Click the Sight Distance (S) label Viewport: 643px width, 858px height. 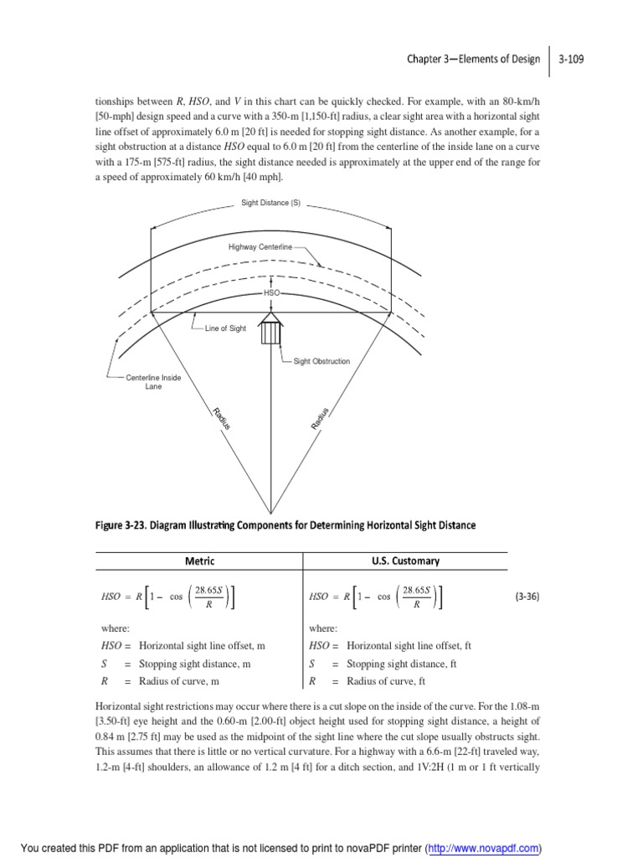pyautogui.click(x=270, y=203)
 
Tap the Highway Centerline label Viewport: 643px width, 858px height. pyautogui.click(x=260, y=247)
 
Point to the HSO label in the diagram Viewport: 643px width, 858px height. pyautogui.click(x=271, y=294)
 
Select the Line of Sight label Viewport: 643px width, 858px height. pyautogui.click(x=225, y=328)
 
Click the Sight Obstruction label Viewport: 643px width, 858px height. pyautogui.click(x=321, y=361)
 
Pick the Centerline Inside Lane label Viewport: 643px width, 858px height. pyautogui.click(x=153, y=383)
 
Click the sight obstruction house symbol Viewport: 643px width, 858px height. pyautogui.click(x=270, y=328)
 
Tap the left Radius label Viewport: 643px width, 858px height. pyautogui.click(x=221, y=418)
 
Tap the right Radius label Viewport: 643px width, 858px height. pyautogui.click(x=321, y=418)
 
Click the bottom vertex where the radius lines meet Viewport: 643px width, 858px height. pyautogui.click(x=270, y=510)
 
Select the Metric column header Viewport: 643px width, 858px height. pyautogui.click(x=199, y=561)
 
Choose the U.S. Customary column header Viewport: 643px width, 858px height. pyautogui.click(x=405, y=561)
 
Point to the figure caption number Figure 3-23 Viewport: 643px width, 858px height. pyautogui.click(x=126, y=525)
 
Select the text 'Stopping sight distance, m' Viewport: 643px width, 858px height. pyautogui.click(x=194, y=664)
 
